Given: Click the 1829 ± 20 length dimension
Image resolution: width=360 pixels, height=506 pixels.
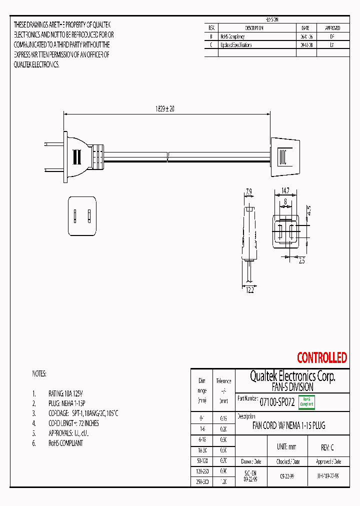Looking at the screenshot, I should pos(164,108).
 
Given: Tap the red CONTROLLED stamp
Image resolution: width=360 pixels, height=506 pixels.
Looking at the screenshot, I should pos(321,357).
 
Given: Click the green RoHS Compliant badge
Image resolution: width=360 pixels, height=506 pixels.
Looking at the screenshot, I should pos(306,402).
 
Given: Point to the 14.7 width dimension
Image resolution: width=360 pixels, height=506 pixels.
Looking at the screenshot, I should pos(284,190).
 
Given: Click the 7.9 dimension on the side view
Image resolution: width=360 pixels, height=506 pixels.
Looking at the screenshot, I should pos(249,190).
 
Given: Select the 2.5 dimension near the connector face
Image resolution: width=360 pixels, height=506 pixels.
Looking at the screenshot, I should pos(301,260).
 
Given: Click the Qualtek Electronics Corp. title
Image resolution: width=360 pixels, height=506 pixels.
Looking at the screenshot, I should pos(292,376).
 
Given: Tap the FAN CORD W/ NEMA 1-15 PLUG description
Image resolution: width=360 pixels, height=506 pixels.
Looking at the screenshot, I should pos(288,426).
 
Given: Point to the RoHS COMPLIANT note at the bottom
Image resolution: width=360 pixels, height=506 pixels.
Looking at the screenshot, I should pos(65,443).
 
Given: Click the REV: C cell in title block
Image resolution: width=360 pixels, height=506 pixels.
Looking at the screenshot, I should pos(327,447).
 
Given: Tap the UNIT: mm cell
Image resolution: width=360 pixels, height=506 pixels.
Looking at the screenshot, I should pos(286,447).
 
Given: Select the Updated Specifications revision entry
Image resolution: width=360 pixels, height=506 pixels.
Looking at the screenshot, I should pos(236,45).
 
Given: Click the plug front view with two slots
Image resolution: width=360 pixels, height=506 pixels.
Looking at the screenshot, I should pos(82,216).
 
